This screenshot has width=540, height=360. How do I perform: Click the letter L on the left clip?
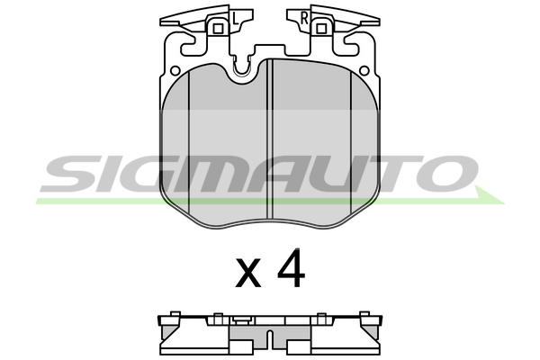(x=235, y=18)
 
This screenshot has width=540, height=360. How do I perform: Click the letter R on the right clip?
(x=304, y=18)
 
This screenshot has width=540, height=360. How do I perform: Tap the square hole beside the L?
(x=218, y=29)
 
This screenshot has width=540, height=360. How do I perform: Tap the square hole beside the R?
(x=321, y=29)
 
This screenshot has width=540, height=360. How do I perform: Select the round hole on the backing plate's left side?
(x=175, y=71)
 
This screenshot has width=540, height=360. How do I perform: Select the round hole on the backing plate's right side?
(x=364, y=71)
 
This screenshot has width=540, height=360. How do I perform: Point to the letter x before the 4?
(x=248, y=274)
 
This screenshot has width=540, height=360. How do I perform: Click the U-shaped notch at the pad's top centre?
(x=241, y=70)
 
